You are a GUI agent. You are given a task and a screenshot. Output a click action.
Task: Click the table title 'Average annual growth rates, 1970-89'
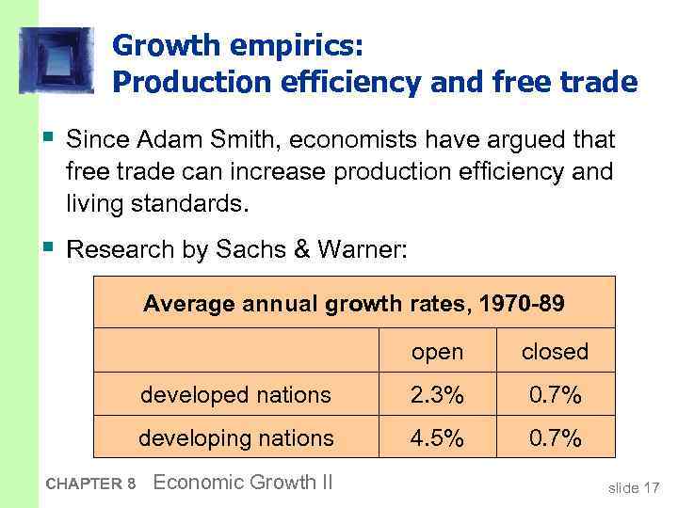click(354, 304)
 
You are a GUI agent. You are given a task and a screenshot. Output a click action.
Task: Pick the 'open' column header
click(438, 352)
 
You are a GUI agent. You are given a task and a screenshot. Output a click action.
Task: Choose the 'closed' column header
click(555, 352)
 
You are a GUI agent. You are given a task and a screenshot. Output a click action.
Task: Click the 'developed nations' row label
click(236, 395)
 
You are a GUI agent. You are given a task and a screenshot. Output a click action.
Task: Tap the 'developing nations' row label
click(236, 437)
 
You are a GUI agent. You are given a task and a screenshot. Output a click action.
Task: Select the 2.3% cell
click(438, 395)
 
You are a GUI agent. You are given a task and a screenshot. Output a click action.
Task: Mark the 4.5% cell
click(438, 437)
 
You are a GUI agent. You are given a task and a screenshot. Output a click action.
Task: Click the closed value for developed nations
click(555, 395)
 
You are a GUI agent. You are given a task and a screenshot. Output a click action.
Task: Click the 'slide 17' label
click(634, 487)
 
